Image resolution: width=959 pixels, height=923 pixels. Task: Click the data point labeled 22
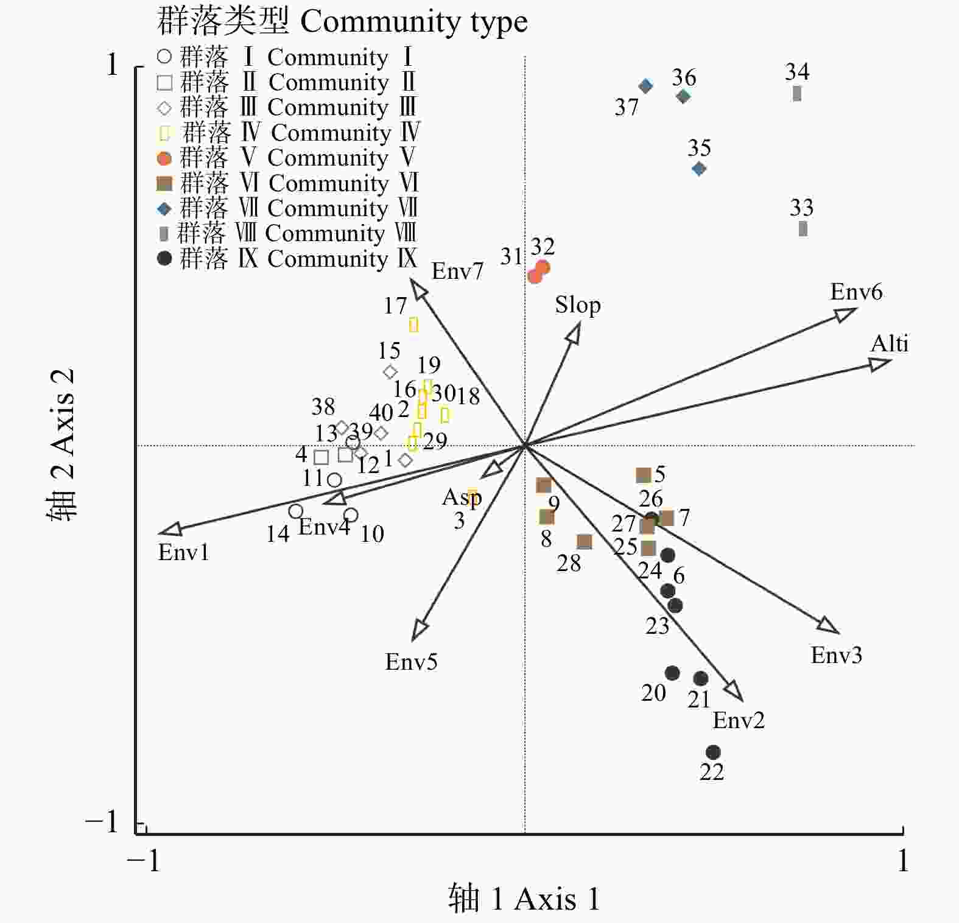tap(713, 753)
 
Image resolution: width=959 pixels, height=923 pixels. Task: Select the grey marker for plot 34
tap(797, 94)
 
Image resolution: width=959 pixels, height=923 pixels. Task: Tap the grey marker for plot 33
tap(803, 229)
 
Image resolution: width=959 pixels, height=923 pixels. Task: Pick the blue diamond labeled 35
tap(699, 169)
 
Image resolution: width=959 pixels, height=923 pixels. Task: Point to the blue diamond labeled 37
tap(646, 86)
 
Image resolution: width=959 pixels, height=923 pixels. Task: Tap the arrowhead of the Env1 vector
tap(169, 530)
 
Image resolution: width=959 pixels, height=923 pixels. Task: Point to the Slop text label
tap(577, 305)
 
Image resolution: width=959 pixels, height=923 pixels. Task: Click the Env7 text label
tap(457, 271)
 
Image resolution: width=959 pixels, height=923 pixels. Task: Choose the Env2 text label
tap(738, 720)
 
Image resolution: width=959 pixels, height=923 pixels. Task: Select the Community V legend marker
tap(164, 159)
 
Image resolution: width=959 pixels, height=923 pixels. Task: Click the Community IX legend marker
tap(164, 259)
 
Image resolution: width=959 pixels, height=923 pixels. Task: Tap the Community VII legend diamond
tap(164, 209)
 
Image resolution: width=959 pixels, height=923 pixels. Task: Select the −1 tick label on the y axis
tap(102, 822)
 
